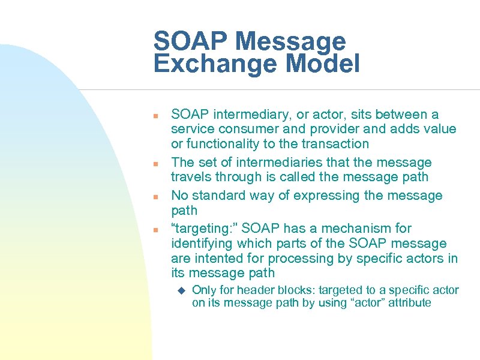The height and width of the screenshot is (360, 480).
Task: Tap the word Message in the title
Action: [x=291, y=41]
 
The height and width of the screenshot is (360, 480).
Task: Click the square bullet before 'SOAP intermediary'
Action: [x=155, y=115]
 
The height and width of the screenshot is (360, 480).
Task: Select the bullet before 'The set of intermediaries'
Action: [x=155, y=163]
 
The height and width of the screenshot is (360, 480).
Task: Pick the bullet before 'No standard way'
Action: [x=155, y=196]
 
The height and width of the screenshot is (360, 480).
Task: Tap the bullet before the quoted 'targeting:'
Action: [x=155, y=229]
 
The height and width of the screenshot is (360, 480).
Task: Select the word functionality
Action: [x=221, y=144]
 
